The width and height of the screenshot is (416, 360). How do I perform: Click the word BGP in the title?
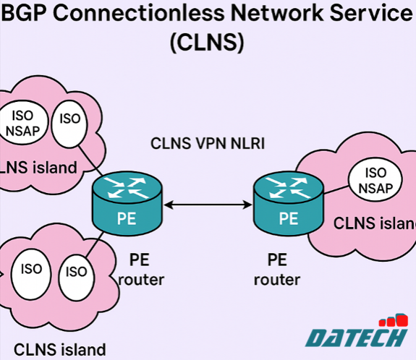(x=29, y=12)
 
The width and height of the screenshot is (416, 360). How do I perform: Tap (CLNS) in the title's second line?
(x=207, y=42)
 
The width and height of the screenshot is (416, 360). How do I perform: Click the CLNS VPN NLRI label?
(x=208, y=143)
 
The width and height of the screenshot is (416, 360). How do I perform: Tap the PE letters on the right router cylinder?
(x=288, y=218)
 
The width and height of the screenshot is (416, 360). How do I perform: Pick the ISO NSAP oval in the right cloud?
(x=375, y=181)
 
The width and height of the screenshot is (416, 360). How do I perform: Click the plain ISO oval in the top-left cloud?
(x=69, y=119)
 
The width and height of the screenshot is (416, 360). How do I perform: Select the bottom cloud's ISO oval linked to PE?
(x=76, y=273)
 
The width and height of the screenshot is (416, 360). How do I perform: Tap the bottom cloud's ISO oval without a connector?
(x=31, y=270)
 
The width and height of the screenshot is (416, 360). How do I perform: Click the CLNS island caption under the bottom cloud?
(x=59, y=349)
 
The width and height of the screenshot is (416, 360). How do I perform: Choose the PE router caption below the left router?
(x=140, y=269)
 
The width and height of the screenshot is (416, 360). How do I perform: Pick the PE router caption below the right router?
(x=279, y=269)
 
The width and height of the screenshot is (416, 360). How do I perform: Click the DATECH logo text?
(x=355, y=338)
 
